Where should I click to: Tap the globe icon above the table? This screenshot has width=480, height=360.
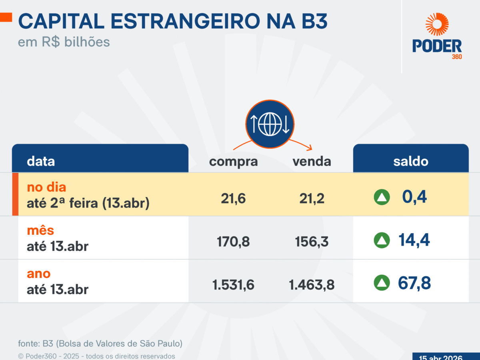pos(270,124)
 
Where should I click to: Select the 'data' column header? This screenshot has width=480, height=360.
pos(41,162)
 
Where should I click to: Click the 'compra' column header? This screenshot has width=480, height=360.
pos(234,162)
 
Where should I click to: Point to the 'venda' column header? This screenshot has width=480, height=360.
pos(312,162)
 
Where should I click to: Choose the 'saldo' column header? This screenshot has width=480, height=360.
pos(410,162)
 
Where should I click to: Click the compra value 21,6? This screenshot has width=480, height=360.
pos(234,198)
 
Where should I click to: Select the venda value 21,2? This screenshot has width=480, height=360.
pos(312,198)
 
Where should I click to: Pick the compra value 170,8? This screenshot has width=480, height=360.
pos(234,241)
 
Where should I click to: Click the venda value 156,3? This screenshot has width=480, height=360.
pos(312,241)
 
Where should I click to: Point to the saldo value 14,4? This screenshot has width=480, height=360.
pos(414,240)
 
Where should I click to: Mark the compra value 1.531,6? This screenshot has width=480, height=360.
pos(234,285)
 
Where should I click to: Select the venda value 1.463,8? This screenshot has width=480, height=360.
pos(312,285)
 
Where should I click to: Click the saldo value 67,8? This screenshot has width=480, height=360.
pos(414,283)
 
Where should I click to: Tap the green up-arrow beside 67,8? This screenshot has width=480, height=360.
pos(382,283)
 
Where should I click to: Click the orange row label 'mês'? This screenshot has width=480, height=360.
pos(40,231)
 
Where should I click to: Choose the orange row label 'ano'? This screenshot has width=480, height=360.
pos(39,274)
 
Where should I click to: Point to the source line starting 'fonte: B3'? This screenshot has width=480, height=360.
pos(100,344)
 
